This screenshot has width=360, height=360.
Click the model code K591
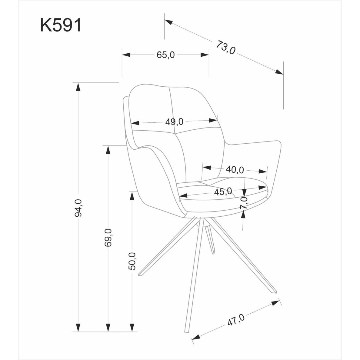point(61,26)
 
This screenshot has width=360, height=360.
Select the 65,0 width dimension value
point(165,55)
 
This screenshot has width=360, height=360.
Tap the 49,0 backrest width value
point(174,122)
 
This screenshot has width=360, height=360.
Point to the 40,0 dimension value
point(235,170)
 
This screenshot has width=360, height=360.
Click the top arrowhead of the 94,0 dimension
point(78,87)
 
